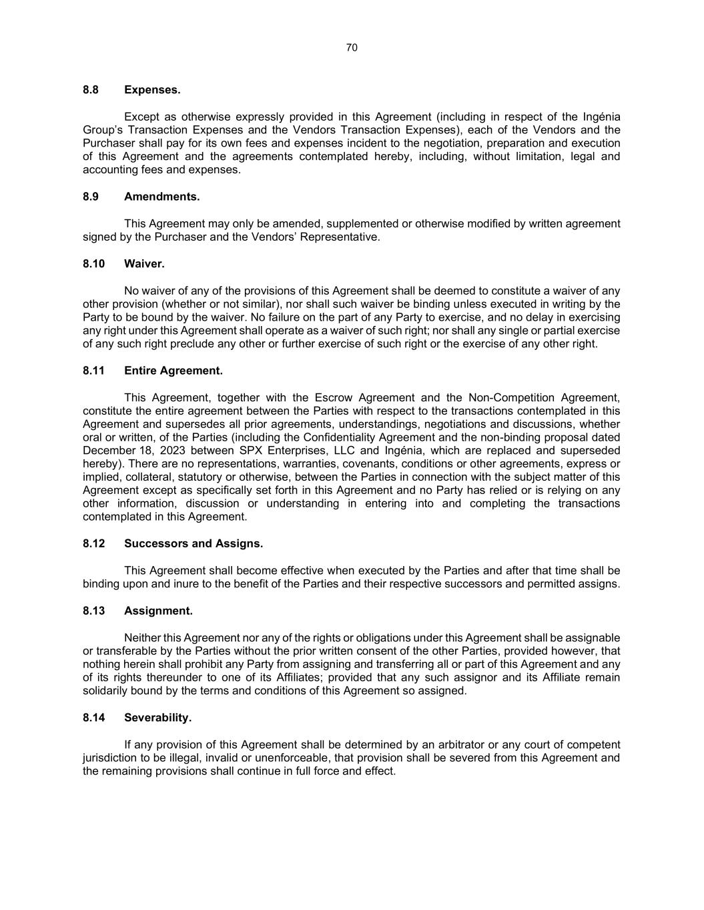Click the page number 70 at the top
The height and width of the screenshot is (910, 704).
pos(352,47)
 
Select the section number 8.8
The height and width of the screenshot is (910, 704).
pos(91,89)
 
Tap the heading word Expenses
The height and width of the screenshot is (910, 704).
pos(152,89)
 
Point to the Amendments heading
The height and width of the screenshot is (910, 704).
pos(161,197)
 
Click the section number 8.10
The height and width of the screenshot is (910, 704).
pos(93,263)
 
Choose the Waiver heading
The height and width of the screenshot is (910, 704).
pos(144,263)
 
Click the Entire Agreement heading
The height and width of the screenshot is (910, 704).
pos(173,371)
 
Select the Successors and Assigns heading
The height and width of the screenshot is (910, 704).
pos(194,543)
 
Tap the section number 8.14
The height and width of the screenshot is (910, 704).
pos(93,717)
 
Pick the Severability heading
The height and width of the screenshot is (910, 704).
pos(157,717)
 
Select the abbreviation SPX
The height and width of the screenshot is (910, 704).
pos(252,451)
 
